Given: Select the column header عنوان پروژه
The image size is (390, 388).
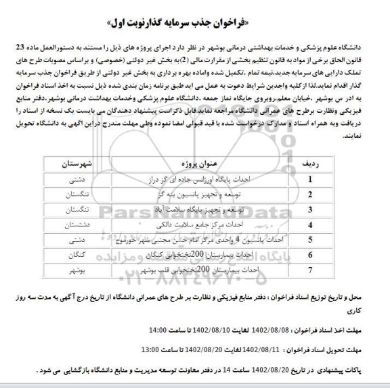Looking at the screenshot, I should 196,164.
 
